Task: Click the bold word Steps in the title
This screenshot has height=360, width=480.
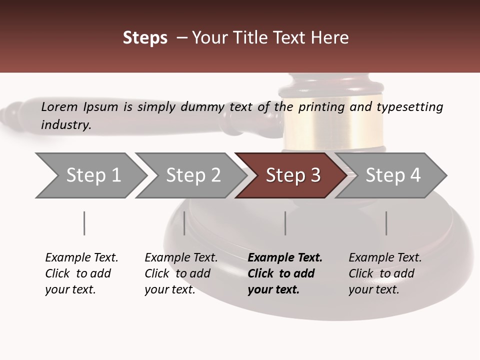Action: pos(145,38)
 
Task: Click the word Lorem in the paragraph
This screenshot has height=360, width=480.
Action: pos(59,107)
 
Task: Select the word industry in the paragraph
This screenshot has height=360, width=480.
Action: pos(65,124)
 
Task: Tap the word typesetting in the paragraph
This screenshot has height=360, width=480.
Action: pos(409,107)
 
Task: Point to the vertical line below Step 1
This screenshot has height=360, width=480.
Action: pos(84,223)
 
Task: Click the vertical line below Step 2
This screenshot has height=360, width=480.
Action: pos(184,223)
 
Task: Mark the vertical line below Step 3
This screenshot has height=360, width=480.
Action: pos(285,223)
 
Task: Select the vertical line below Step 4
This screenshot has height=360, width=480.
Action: pos(386,223)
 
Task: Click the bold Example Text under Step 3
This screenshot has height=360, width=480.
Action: pos(285,273)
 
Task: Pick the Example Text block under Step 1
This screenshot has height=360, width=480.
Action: pos(81,273)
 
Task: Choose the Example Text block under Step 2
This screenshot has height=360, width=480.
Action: pos(181,273)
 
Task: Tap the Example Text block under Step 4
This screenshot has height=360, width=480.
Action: pos(385,273)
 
